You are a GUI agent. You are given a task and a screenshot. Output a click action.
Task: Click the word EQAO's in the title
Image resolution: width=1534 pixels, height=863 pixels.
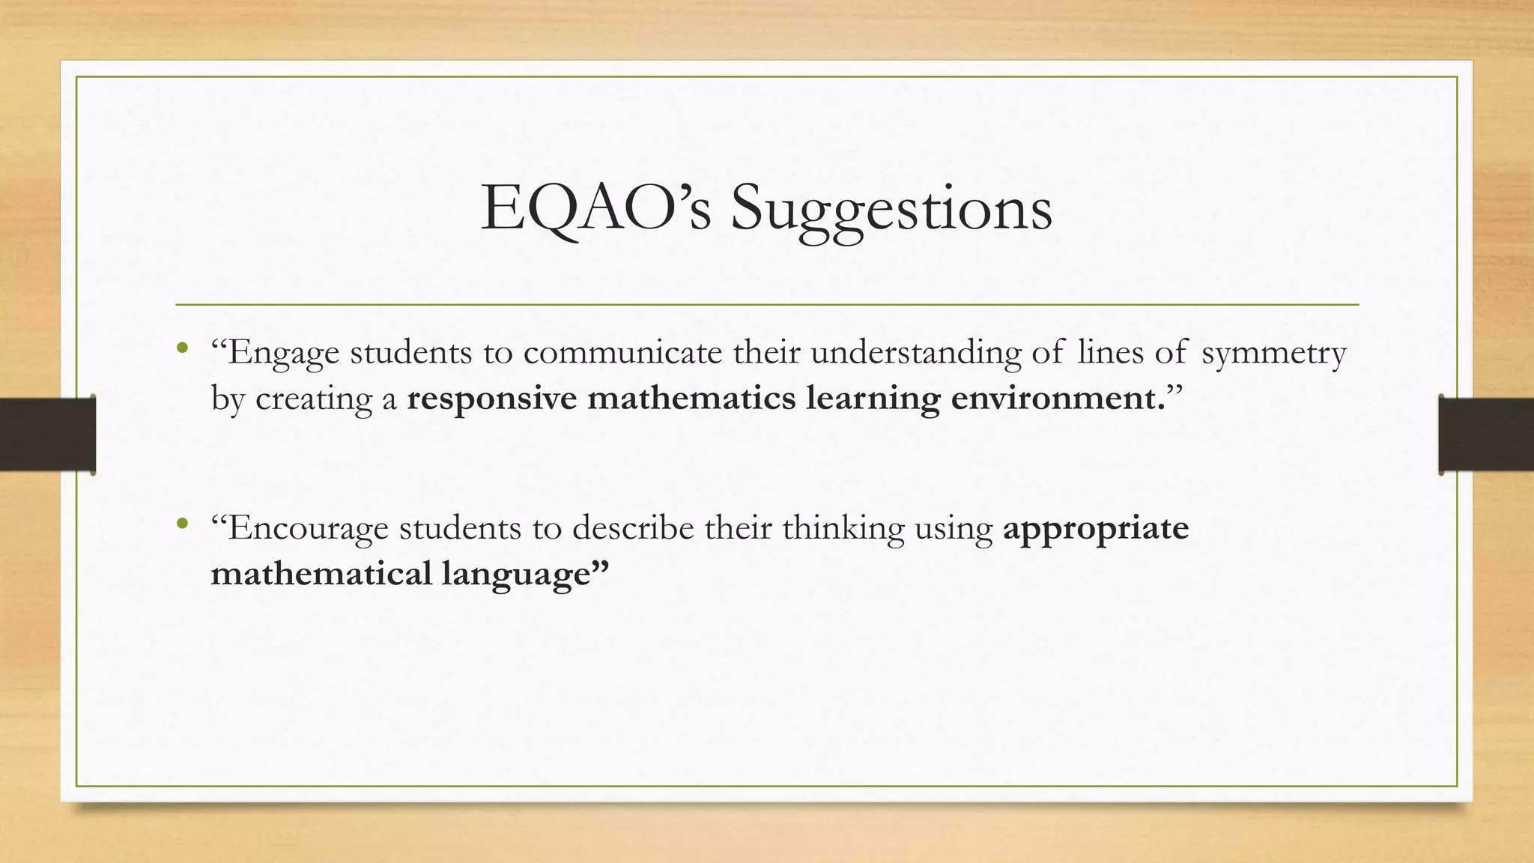595,208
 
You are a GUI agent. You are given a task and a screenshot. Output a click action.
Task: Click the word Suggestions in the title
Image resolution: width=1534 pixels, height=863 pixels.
891,210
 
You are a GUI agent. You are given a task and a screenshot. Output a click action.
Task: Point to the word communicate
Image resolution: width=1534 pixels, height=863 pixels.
622,352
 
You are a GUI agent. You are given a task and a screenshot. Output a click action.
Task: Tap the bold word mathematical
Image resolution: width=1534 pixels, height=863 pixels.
321,574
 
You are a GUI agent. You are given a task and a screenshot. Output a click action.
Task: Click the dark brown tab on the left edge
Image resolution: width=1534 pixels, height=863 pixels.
47,434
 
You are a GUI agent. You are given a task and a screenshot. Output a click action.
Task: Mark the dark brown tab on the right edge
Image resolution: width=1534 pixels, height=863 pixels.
1486,434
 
